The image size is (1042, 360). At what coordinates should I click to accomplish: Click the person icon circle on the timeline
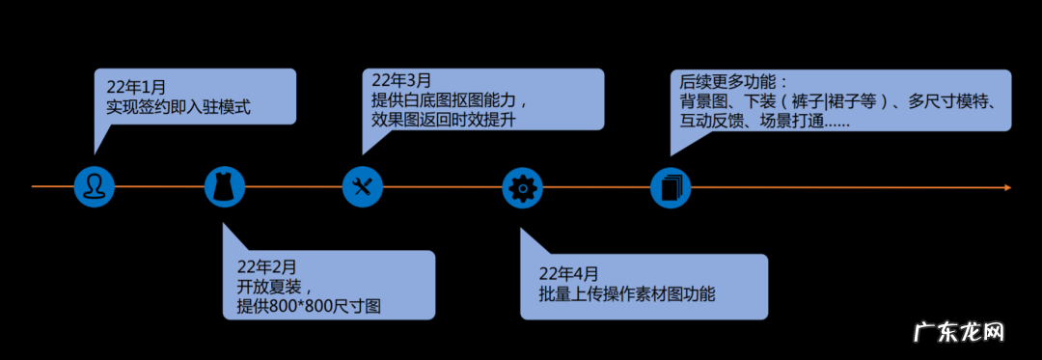[x=95, y=186]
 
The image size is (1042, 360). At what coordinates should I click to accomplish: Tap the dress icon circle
[x=224, y=186]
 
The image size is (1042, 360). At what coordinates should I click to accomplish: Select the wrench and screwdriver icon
[x=363, y=186]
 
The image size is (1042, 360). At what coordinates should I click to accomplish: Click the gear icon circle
[x=523, y=186]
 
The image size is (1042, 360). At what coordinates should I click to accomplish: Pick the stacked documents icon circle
[x=671, y=186]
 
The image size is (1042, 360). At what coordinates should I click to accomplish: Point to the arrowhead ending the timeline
[x=1006, y=186]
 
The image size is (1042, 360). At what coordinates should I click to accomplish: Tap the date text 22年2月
[x=266, y=266]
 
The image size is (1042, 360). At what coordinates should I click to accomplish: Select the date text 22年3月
[x=401, y=80]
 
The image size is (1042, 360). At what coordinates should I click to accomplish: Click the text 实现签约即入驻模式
[x=178, y=107]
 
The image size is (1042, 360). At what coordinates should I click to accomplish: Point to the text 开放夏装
[x=269, y=287]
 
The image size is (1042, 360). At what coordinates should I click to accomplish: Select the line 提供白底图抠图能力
[x=451, y=100]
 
